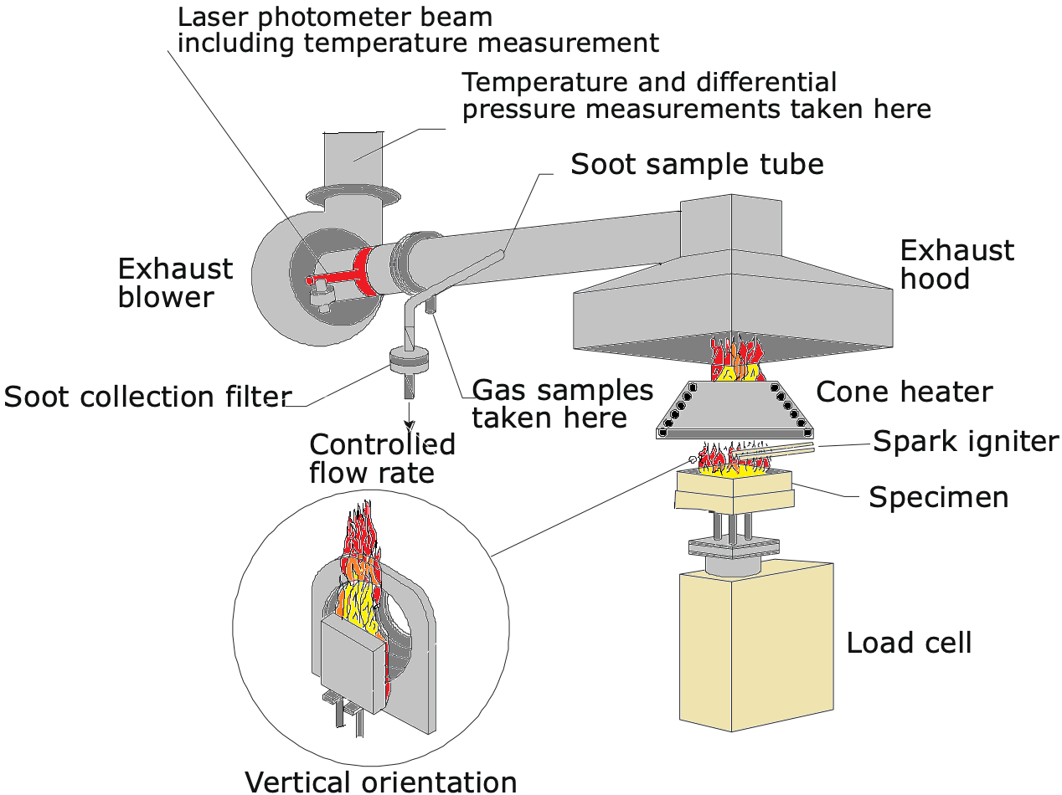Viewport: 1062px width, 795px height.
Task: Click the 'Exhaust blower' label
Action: click(x=175, y=283)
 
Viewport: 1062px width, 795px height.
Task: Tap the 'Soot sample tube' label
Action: click(x=697, y=165)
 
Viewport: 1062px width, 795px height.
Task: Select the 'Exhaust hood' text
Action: click(x=956, y=264)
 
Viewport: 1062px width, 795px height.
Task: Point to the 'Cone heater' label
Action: click(x=904, y=392)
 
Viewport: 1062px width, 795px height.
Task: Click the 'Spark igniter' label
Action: click(x=966, y=441)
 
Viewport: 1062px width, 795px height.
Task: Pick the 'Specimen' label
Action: click(x=938, y=497)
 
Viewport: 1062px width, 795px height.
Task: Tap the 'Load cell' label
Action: click(x=909, y=644)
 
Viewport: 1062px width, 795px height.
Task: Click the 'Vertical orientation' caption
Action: click(x=380, y=781)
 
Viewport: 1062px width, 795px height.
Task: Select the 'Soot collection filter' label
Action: click(x=147, y=397)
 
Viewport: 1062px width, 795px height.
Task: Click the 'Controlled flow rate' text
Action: click(x=381, y=459)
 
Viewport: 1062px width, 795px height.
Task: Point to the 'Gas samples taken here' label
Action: click(x=562, y=403)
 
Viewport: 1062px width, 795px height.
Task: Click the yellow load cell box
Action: click(x=754, y=644)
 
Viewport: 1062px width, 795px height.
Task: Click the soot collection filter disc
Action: click(x=410, y=361)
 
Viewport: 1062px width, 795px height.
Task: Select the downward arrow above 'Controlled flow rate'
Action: click(x=409, y=414)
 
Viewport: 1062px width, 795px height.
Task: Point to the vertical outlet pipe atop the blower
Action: click(x=351, y=159)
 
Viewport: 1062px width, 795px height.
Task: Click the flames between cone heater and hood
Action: click(x=736, y=358)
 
